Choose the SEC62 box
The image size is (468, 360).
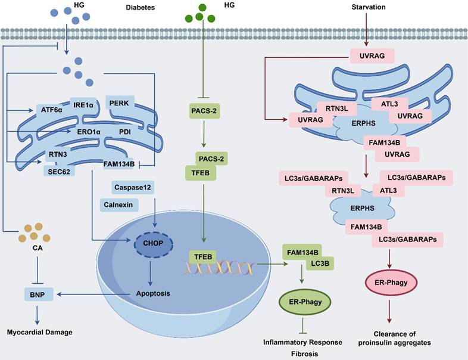[62, 171]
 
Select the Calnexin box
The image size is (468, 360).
[119, 204]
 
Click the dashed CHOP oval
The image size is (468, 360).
[153, 243]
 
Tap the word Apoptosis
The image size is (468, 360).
[153, 293]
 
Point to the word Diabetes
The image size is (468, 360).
[141, 8]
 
